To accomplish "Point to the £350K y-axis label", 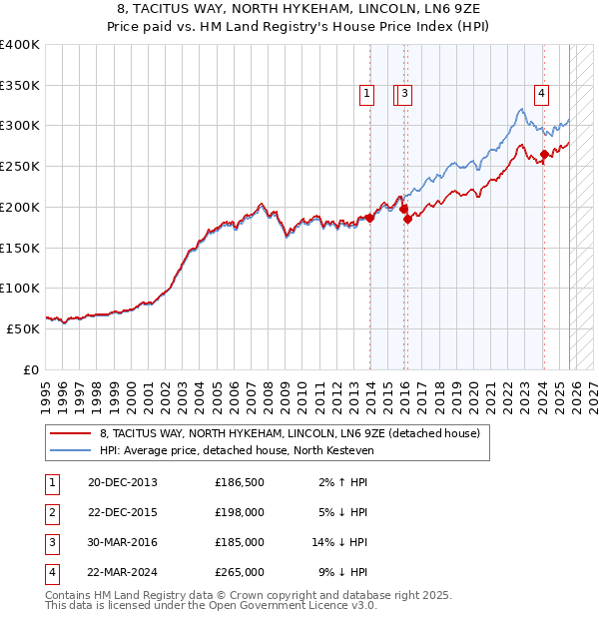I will click(x=19, y=86).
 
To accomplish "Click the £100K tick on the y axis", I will click(x=19, y=288).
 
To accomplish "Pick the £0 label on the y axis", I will click(x=31, y=368).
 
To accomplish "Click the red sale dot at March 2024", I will click(x=544, y=154).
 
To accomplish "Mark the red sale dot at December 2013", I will click(x=369, y=218).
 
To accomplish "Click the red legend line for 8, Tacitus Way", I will click(x=70, y=433).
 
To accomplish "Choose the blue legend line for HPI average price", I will click(x=70, y=449).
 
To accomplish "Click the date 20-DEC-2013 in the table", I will click(x=123, y=482).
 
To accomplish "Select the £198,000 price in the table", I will click(x=240, y=512).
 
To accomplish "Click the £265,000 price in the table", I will click(x=240, y=573).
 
